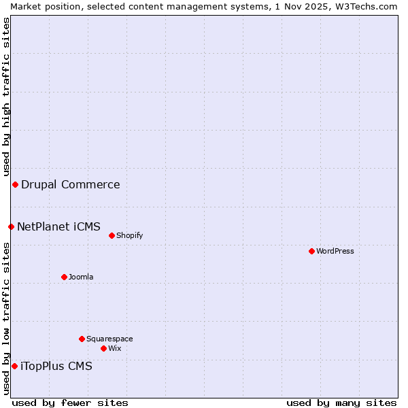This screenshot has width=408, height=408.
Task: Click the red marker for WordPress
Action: pos(311,251)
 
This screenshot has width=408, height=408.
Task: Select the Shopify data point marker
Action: pos(112,235)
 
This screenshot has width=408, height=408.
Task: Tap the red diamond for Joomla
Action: pos(64,277)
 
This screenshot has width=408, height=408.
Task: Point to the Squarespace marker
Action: pos(82,339)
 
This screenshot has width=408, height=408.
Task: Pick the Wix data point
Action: pos(103,348)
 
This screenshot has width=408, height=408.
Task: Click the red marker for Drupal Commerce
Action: pos(15,184)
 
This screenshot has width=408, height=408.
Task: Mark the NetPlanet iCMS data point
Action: pos(11,226)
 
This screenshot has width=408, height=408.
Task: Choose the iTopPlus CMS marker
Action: pos(14,366)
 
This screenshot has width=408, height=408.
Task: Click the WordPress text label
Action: pos(335,251)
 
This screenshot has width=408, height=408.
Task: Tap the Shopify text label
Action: pos(129,235)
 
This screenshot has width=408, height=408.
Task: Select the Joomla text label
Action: pos(81,277)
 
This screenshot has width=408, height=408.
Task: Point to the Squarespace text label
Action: pos(109,339)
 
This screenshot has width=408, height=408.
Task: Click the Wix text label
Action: pos(115,348)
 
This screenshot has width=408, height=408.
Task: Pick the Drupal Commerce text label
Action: pos(71,184)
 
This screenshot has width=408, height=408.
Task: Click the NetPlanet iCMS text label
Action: pos(58,226)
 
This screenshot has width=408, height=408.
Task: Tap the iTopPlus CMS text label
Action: pos(56,366)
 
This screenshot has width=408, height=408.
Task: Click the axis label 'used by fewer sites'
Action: pos(70,403)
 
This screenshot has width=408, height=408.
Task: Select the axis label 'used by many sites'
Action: pos(341,403)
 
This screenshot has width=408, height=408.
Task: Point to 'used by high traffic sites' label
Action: pos(6,97)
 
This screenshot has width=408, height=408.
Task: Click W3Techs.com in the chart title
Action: pos(364,6)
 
